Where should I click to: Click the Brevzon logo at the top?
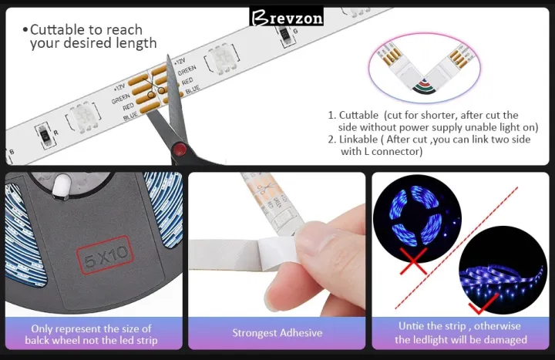(286, 17)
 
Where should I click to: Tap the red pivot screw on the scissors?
(180, 149)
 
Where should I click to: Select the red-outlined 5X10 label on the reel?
(105, 255)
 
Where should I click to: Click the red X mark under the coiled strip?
(413, 261)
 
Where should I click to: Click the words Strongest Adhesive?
(277, 333)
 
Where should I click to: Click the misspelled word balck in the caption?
(37, 340)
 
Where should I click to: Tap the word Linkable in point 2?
(358, 139)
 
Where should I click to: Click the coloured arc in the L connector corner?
(425, 87)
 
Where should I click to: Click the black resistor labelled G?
(284, 35)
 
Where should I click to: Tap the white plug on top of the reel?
(61, 187)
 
